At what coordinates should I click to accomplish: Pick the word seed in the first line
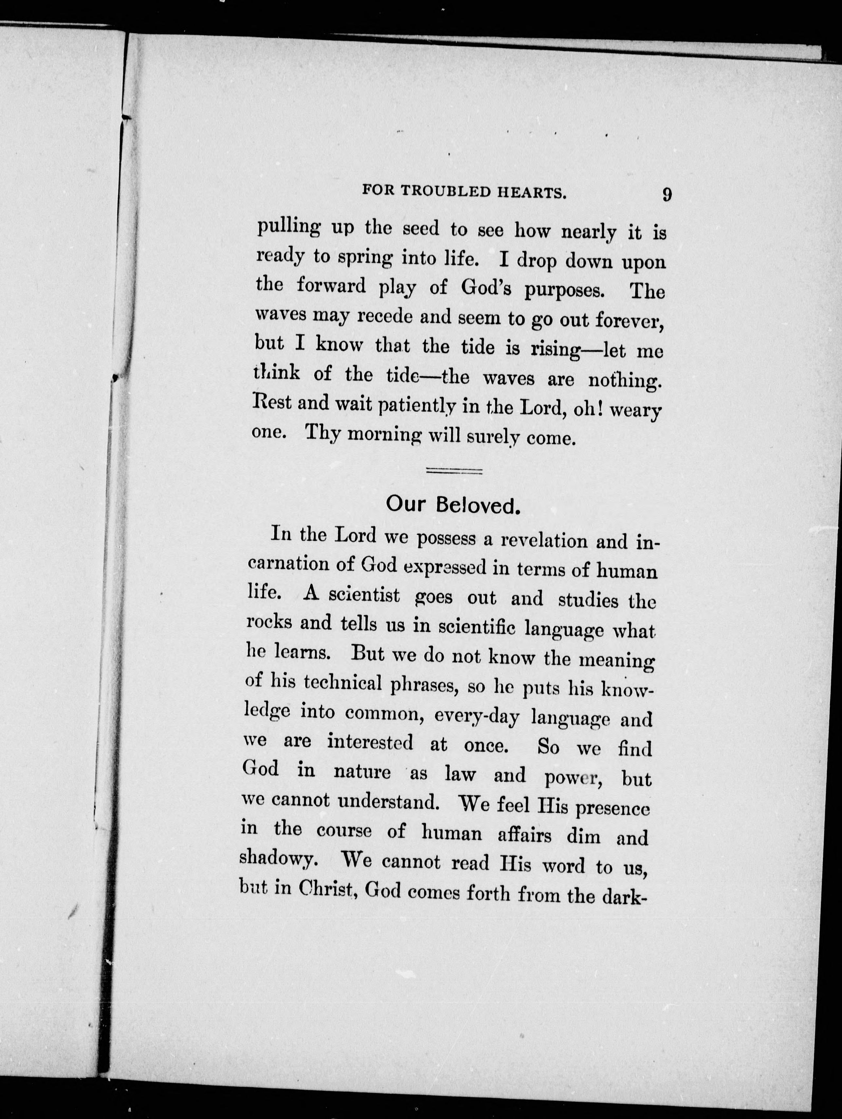coord(421,230)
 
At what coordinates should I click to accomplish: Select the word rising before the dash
coord(554,350)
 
